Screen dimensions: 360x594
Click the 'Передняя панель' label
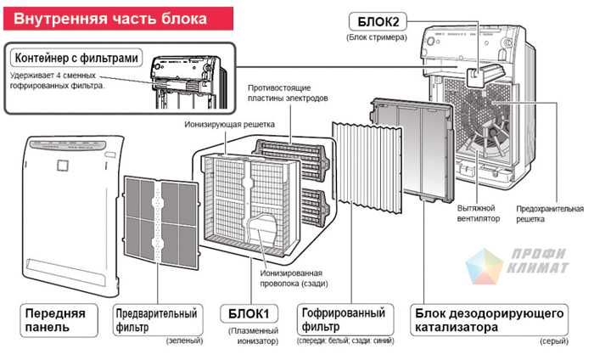[55, 319]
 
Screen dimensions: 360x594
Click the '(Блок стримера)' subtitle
[377, 37]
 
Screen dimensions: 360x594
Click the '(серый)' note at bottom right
[552, 341]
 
